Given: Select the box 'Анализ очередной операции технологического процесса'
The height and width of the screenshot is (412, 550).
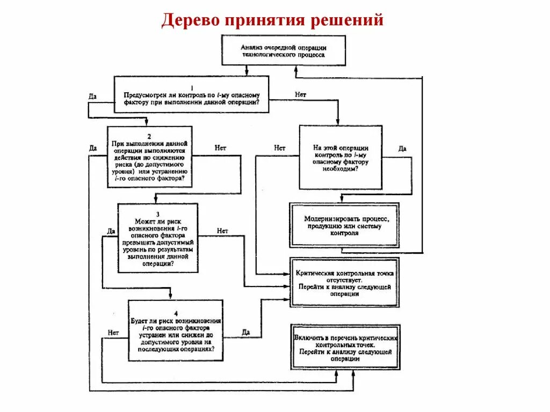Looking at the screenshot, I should click(284, 50).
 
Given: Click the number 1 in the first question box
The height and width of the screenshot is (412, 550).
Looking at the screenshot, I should click(192, 87).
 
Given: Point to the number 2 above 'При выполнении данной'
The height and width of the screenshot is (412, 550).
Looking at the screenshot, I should click(149, 136).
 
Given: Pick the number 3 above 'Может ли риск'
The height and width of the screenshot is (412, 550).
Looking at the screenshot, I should click(158, 214).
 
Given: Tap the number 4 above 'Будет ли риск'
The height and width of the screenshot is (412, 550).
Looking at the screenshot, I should click(176, 312).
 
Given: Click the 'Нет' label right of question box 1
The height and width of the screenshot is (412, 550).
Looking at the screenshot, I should click(300, 94).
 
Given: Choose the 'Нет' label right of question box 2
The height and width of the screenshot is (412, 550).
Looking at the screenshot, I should click(220, 147).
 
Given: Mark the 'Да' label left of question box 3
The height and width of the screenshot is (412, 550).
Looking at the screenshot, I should click(111, 231).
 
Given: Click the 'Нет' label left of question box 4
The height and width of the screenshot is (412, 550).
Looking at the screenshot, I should click(113, 332).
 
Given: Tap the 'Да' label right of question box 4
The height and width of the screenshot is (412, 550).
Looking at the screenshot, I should click(246, 332).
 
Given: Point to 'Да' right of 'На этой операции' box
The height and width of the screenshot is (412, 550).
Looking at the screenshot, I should click(402, 148).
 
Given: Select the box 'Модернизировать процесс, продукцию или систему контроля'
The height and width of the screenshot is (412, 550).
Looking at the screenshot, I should click(344, 225).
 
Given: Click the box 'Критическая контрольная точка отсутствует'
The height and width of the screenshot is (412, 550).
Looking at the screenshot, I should click(344, 282).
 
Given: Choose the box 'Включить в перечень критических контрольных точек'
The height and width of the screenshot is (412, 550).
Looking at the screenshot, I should click(344, 348).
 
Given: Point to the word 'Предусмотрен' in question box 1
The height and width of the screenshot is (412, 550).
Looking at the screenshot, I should click(147, 94).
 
